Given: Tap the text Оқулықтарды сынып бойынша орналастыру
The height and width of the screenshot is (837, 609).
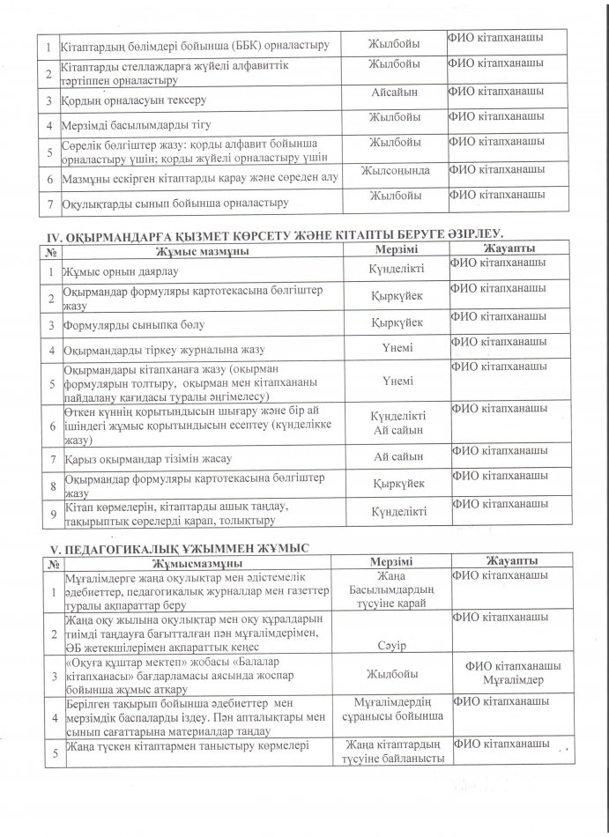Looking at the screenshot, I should [x=176, y=204].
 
